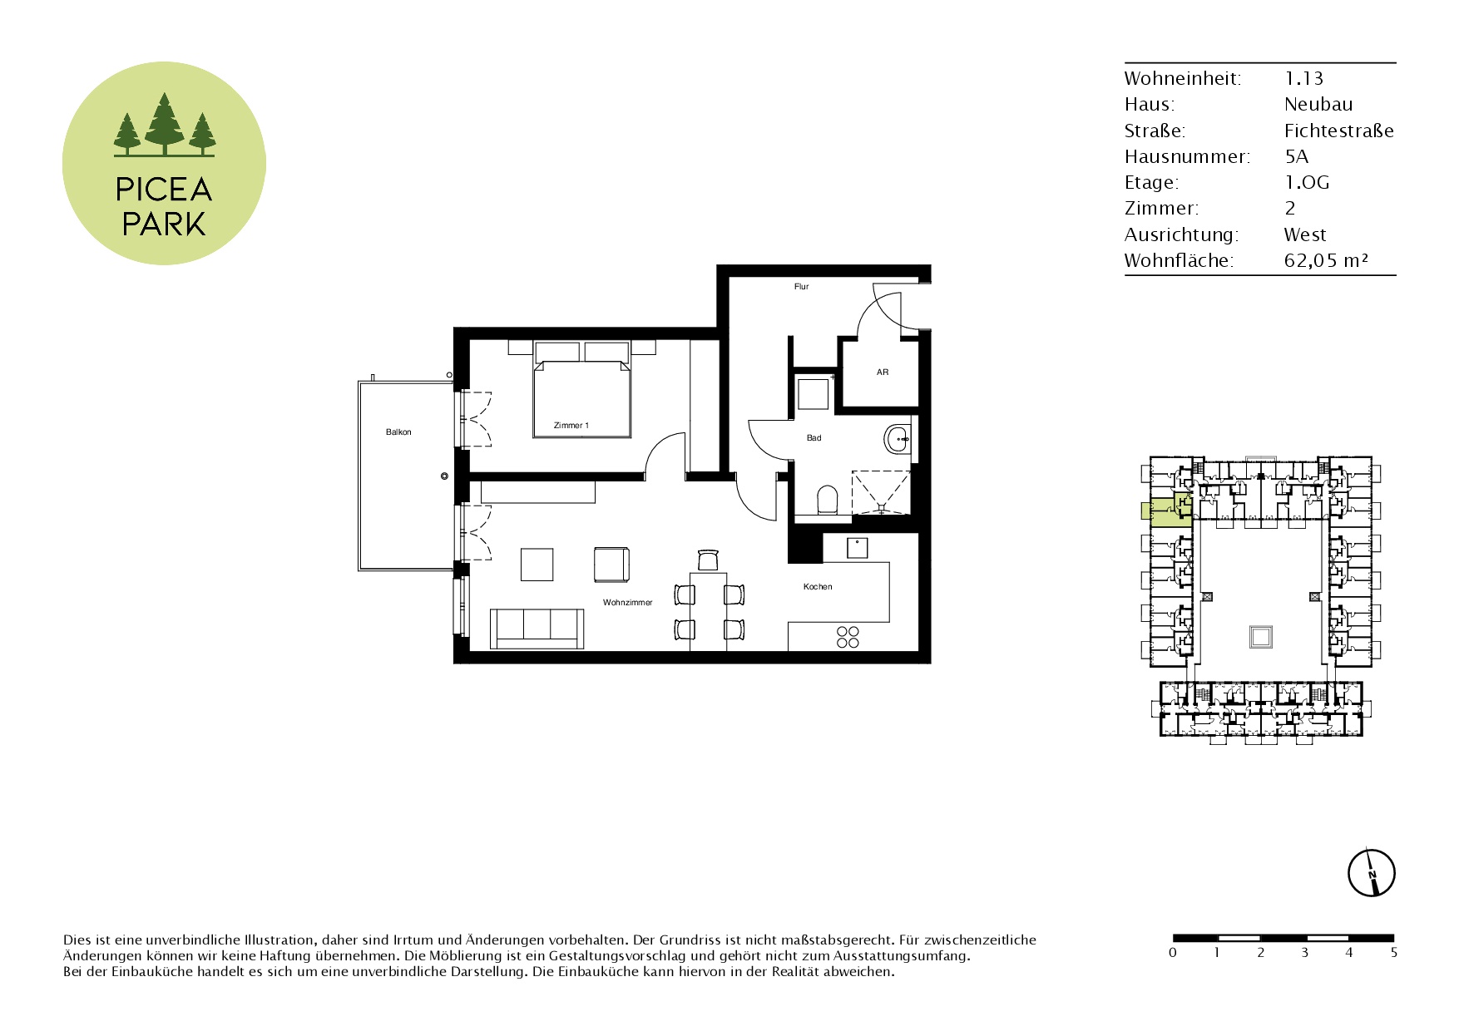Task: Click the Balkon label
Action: tap(398, 432)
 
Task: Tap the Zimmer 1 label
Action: tap(571, 426)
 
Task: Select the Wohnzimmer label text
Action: tap(628, 602)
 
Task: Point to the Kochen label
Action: tap(818, 587)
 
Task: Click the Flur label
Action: tap(801, 287)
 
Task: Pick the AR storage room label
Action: tap(883, 372)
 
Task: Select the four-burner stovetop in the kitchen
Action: tap(848, 637)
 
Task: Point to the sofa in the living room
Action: tap(536, 628)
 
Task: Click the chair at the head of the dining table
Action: tap(708, 560)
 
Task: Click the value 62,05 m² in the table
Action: tap(1326, 261)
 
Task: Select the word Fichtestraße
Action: tap(1339, 131)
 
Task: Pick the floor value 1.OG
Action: tap(1307, 183)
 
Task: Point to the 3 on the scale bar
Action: tap(1304, 953)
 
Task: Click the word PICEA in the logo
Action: tap(164, 190)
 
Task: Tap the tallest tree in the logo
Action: tap(164, 123)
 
